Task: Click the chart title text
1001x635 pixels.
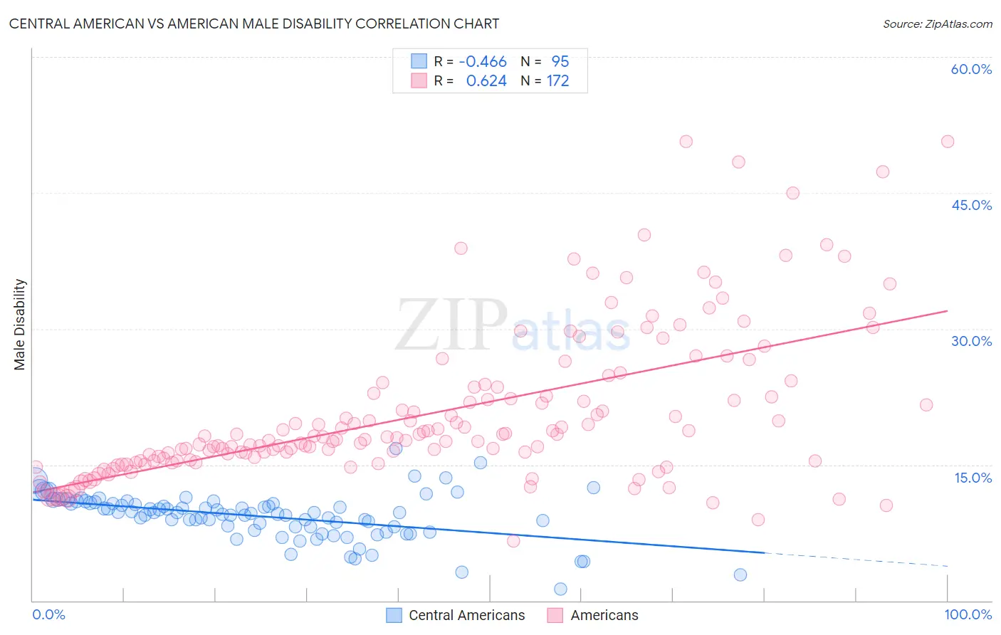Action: [x=254, y=23]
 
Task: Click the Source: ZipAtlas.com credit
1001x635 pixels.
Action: [x=937, y=23]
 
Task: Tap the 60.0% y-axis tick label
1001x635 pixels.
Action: [x=971, y=69]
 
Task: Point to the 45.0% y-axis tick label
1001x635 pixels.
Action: [x=971, y=205]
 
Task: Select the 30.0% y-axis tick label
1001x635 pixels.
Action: [x=971, y=341]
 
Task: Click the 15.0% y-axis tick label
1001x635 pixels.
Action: [x=973, y=477]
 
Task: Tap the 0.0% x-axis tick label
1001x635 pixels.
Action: [x=48, y=614]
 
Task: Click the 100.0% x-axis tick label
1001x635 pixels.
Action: [x=968, y=614]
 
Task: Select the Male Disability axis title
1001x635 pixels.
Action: [x=20, y=324]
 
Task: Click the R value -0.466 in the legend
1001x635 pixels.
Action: [x=483, y=62]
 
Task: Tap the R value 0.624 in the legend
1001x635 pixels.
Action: [x=486, y=81]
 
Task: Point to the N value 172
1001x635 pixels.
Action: [x=557, y=81]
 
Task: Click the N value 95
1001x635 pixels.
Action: [x=560, y=62]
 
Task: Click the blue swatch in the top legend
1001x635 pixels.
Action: [x=419, y=61]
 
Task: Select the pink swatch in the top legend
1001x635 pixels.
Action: [x=419, y=80]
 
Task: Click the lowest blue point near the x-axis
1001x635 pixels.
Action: [x=560, y=589]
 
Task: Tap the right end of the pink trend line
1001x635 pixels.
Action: [x=947, y=310]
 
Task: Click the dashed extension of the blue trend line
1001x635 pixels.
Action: [x=854, y=559]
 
